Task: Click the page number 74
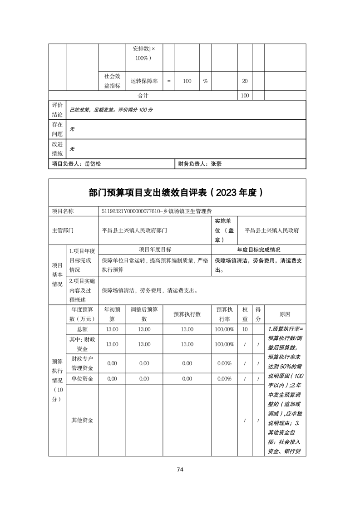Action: pyautogui.click(x=180, y=469)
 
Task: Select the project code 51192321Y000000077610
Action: pyautogui.click(x=132, y=211)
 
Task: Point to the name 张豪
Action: pyautogui.click(x=216, y=164)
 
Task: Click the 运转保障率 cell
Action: pyautogui.click(x=144, y=81)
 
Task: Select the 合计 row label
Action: pyautogui.click(x=143, y=96)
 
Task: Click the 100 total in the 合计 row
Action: pyautogui.click(x=245, y=96)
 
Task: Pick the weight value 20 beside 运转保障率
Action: pyautogui.click(x=245, y=81)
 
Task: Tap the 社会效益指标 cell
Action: pyautogui.click(x=112, y=81)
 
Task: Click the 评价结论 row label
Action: pyautogui.click(x=57, y=109)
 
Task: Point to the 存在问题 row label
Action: pyautogui.click(x=57, y=129)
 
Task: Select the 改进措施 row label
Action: pyautogui.click(x=57, y=149)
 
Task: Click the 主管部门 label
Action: pyautogui.click(x=63, y=230)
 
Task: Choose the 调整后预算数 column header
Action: pyautogui.click(x=144, y=314)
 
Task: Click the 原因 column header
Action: pyautogui.click(x=285, y=314)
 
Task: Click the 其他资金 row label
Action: pyautogui.click(x=82, y=420)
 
